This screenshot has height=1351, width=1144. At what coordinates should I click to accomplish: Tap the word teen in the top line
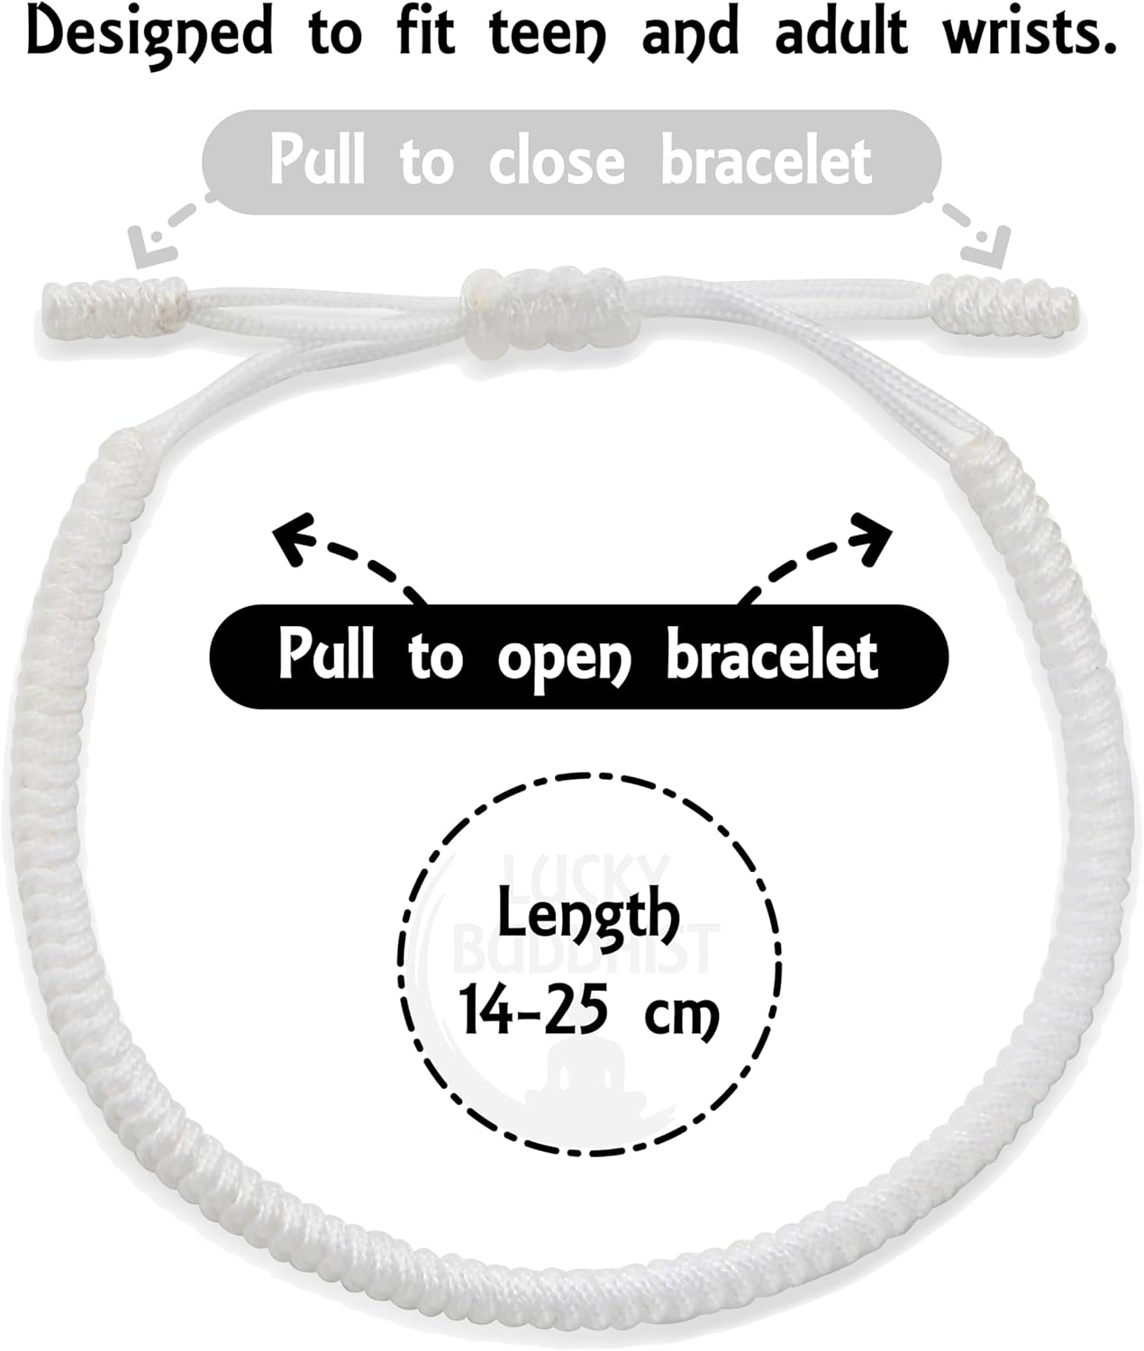pos(547,32)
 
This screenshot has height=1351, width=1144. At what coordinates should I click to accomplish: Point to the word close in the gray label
pos(557,161)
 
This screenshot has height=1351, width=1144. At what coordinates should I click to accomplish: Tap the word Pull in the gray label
pos(317,159)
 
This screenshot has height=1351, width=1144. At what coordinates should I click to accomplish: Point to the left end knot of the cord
pos(115,307)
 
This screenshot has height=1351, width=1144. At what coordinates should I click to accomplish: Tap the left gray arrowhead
pos(151,247)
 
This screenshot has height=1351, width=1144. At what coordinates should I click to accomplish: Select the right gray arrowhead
pos(985,247)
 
